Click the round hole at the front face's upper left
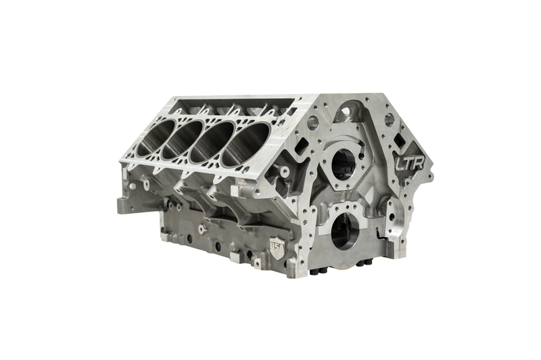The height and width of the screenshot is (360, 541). pyautogui.click(x=313, y=124)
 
